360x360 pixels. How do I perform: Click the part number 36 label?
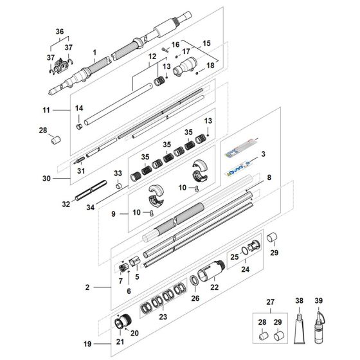point(60,32)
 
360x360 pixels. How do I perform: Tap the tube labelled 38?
point(300,328)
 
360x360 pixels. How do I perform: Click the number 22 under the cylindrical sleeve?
point(215,287)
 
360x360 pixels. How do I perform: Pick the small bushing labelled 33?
point(118,186)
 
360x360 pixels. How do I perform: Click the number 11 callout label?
point(46,110)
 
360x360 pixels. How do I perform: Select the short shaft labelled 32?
point(91,190)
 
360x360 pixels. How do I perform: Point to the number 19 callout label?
point(87,344)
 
